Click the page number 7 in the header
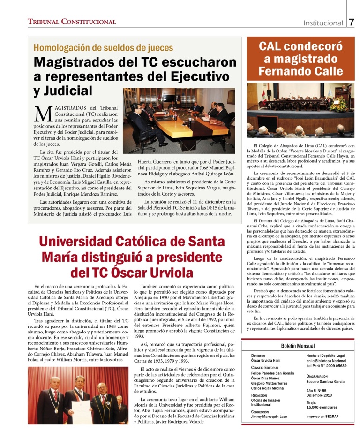pos(352,22)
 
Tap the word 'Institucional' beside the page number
pos(323,23)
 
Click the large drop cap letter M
pos(43,113)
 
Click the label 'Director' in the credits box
pos(258,356)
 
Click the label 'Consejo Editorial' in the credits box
pos(265,367)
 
